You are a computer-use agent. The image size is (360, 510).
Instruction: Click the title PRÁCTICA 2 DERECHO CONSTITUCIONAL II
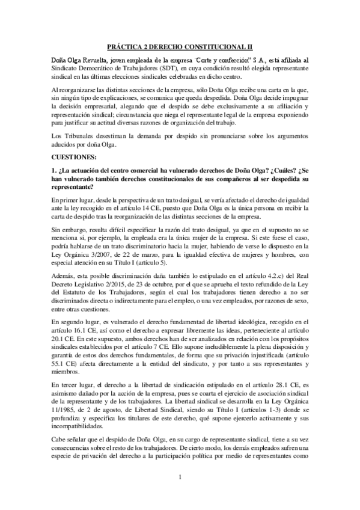click(180, 46)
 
